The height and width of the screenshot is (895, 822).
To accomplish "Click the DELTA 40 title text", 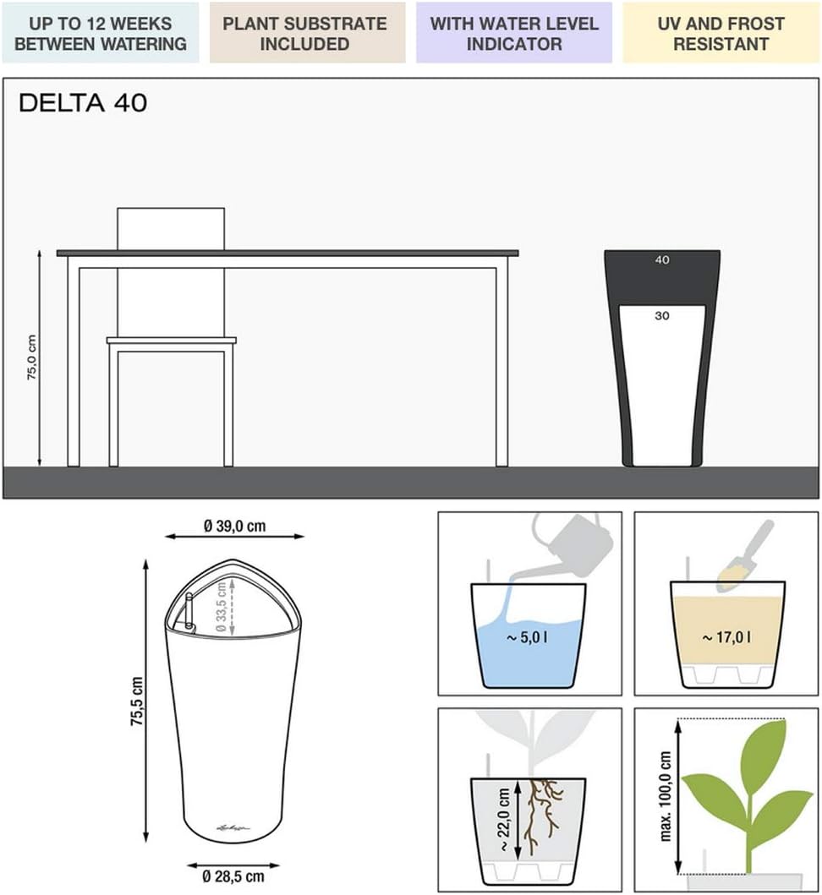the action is pos(83,103).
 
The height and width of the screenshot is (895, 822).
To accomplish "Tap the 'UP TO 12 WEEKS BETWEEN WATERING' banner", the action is pos(101,33).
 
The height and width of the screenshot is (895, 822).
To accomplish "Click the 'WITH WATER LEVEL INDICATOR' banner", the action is pos(514,33).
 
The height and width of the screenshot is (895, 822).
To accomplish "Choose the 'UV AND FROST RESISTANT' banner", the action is pos(721,33).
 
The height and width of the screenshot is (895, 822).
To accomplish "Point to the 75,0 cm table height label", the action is pos(31,357).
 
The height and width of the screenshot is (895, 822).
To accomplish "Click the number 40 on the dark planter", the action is pos(662,260).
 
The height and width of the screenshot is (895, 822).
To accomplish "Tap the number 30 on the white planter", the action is pos(662,315).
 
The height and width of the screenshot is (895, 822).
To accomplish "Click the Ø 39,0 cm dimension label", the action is pos(234,526).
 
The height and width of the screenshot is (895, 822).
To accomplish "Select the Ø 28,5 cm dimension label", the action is pos(233,876).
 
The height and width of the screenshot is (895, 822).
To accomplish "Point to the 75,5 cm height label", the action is pos(137,701).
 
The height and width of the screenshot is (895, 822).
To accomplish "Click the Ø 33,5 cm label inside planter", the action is pos(222,607).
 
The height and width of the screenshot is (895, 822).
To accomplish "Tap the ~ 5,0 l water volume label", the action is pos(527,637).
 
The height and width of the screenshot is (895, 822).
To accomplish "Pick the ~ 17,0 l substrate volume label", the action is pos(726,637).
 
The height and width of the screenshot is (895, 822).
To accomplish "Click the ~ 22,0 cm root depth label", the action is pos(504,820).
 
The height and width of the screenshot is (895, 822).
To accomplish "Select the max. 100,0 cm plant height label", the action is pos(666,796).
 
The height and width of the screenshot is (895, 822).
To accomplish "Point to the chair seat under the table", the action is pos(172,341).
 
